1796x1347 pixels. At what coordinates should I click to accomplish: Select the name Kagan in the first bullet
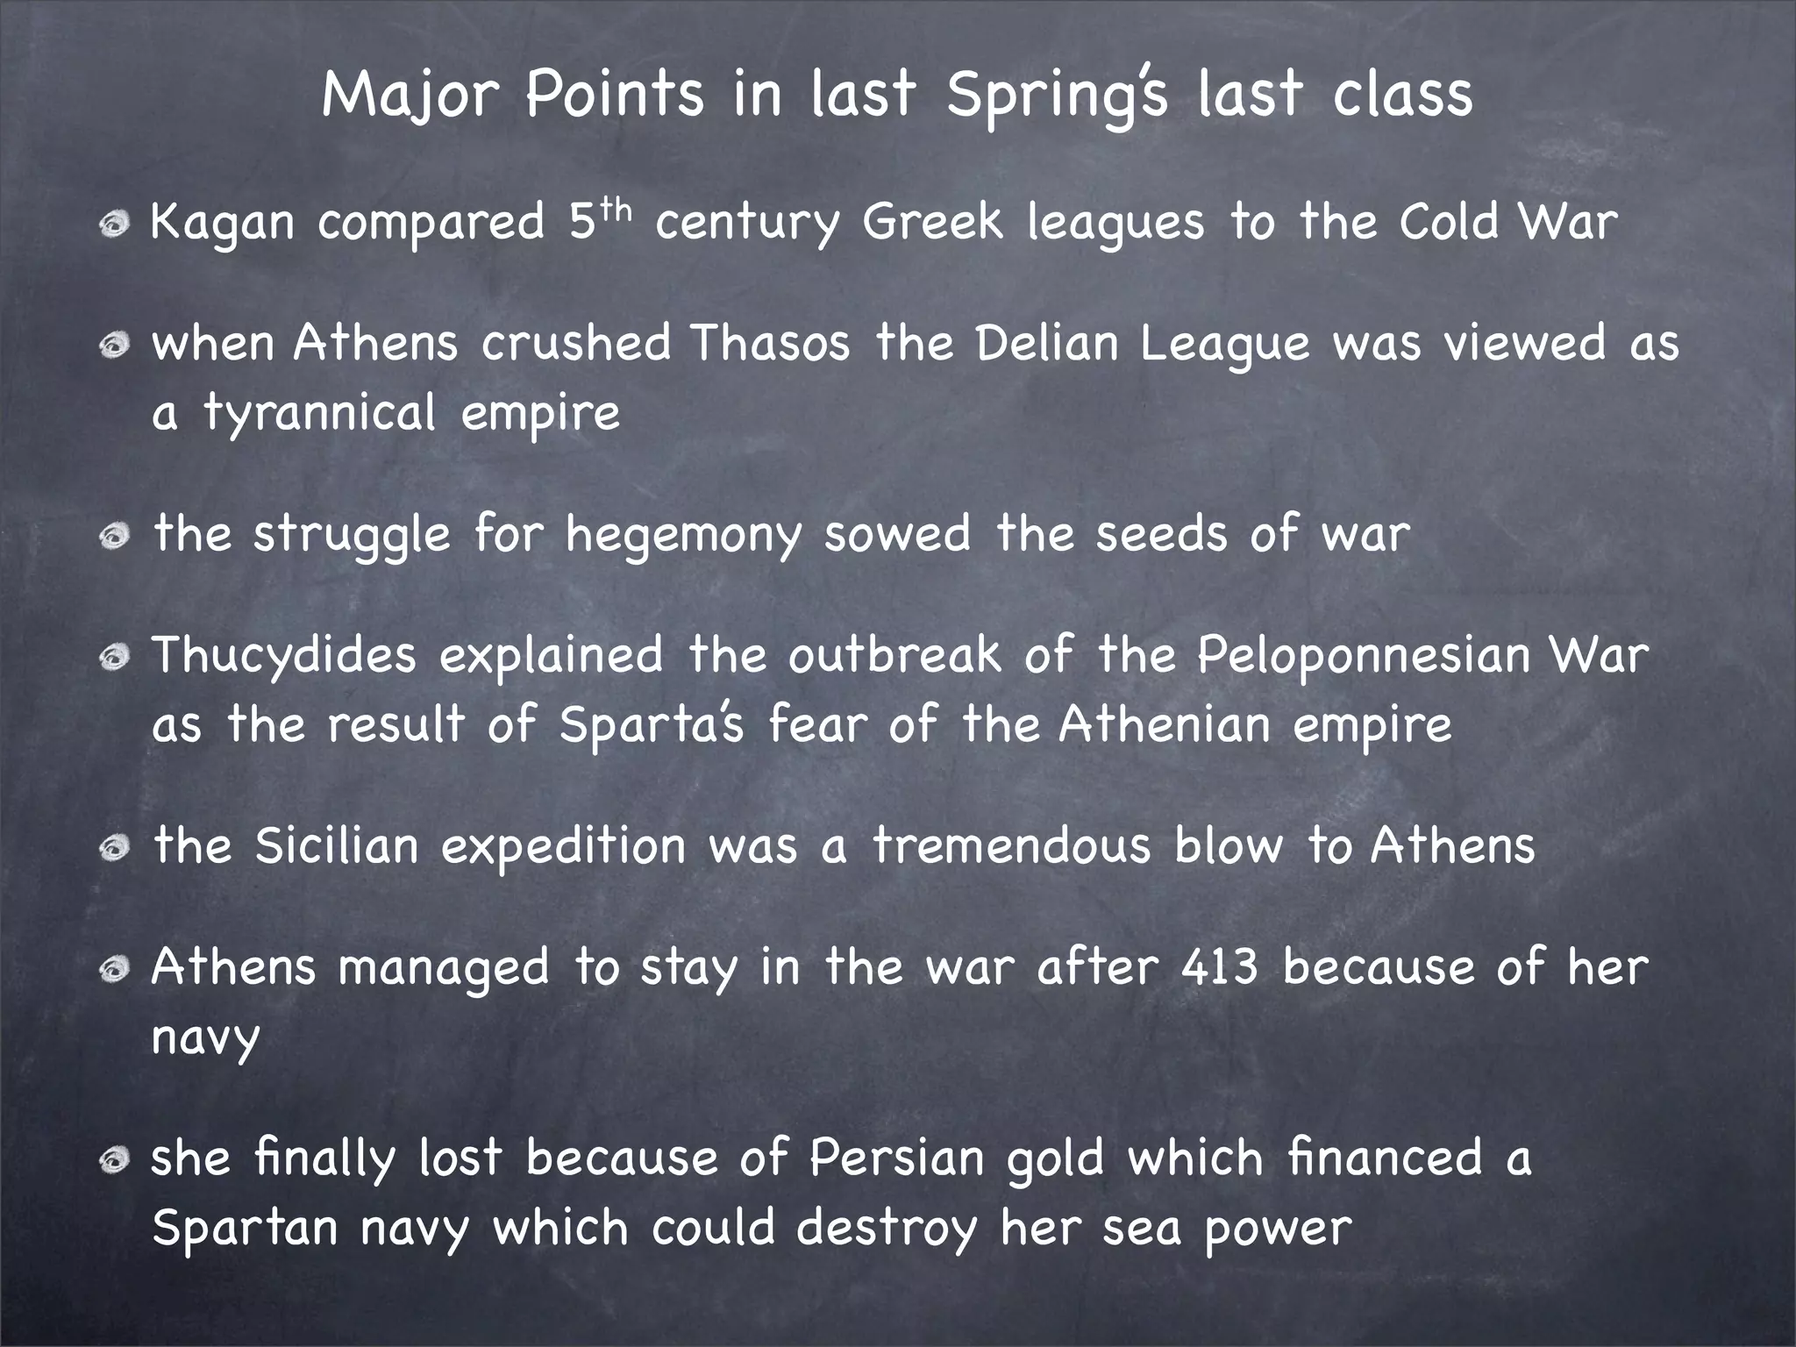(x=223, y=223)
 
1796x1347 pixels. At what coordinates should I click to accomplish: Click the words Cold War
(x=1507, y=221)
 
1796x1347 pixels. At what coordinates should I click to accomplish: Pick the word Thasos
(x=770, y=342)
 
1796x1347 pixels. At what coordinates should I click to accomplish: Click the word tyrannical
(x=319, y=412)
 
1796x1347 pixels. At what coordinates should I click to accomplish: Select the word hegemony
(x=683, y=535)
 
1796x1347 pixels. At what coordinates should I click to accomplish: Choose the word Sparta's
(x=652, y=726)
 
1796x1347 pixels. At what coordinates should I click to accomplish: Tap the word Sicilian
(x=337, y=846)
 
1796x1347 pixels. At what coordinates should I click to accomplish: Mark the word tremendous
(x=1011, y=846)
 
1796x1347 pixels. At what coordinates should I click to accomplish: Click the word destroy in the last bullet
(x=887, y=1228)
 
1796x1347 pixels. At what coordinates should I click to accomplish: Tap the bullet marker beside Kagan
(x=114, y=224)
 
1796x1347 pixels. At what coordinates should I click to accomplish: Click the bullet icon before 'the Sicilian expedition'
(x=114, y=848)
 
